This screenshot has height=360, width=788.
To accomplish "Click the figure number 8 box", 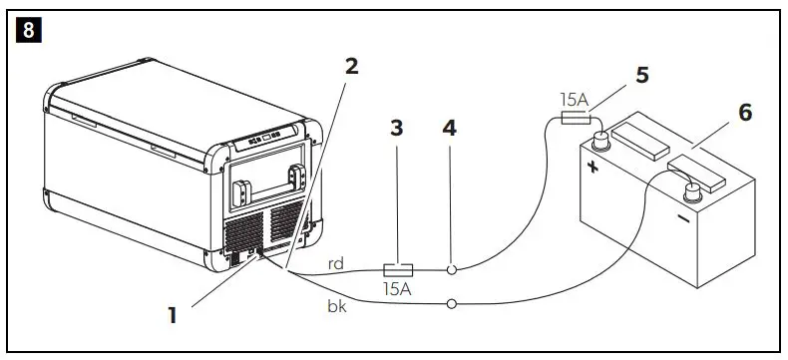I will coord(27,30).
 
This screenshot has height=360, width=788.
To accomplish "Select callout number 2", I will coord(350,68).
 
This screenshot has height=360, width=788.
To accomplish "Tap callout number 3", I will coord(397,130).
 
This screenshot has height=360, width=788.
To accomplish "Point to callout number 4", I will coord(450,130).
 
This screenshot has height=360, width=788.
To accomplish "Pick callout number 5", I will coord(642,74).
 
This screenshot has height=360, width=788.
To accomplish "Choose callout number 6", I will coord(745,112).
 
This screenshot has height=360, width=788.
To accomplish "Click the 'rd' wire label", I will coord(337,264).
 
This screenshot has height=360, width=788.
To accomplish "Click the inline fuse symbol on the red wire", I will coord(399,269).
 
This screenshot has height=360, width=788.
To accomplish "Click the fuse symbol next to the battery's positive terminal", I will coord(574,120).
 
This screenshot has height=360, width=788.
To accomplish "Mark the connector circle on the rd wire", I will coord(453,269).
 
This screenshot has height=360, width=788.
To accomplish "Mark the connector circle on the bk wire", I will coord(453,302).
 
